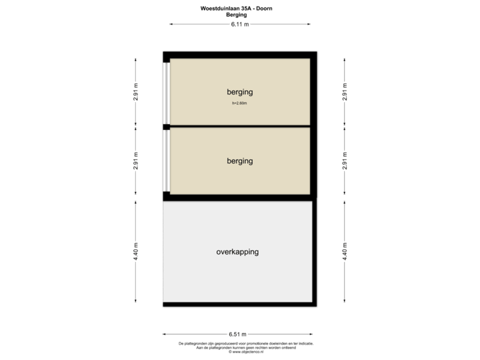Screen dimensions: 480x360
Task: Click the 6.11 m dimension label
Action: click(x=239, y=24)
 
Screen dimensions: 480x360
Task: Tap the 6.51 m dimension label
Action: click(x=238, y=334)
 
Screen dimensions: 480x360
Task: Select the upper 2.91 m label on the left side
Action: click(x=136, y=91)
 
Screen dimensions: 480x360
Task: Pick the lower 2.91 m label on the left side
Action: click(x=136, y=162)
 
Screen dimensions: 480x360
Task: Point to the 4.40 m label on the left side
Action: click(x=136, y=251)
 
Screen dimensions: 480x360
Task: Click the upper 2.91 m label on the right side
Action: click(x=345, y=91)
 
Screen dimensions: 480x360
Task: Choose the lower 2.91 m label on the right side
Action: click(x=345, y=162)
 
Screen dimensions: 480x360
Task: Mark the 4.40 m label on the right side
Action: click(x=345, y=251)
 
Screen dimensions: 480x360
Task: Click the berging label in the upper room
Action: click(x=239, y=92)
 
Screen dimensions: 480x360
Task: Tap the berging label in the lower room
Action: click(x=239, y=161)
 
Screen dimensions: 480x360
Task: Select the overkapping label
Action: click(x=237, y=252)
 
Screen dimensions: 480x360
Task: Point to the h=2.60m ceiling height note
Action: click(x=239, y=103)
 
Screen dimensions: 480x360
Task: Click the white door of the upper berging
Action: click(x=166, y=93)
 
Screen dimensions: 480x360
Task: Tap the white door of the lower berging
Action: click(x=166, y=161)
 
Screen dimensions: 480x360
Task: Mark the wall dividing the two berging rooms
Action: click(x=240, y=126)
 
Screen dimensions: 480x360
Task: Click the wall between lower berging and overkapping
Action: click(x=240, y=197)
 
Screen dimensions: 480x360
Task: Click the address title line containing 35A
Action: click(x=236, y=8)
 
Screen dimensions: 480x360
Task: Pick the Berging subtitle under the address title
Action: click(x=236, y=14)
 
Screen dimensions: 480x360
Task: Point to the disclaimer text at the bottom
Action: click(x=245, y=347)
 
